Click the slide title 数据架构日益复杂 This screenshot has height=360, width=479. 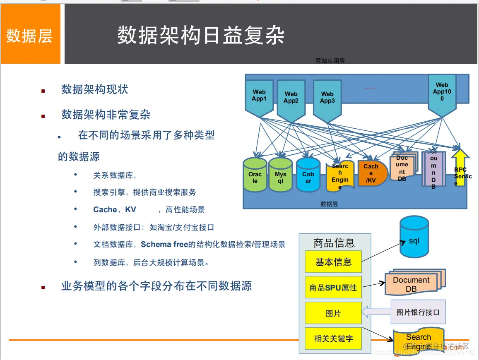pyautogui.click(x=201, y=36)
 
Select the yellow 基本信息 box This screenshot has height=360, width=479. pyautogui.click(x=333, y=262)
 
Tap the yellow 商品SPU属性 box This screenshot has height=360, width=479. pyautogui.click(x=333, y=288)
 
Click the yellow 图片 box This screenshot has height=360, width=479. pyautogui.click(x=333, y=313)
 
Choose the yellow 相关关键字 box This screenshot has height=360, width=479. pyautogui.click(x=333, y=339)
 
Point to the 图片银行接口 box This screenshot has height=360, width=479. pyautogui.click(x=418, y=312)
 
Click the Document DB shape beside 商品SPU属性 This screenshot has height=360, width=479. pyautogui.click(x=412, y=284)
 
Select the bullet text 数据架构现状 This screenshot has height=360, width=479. pyautogui.click(x=95, y=89)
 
